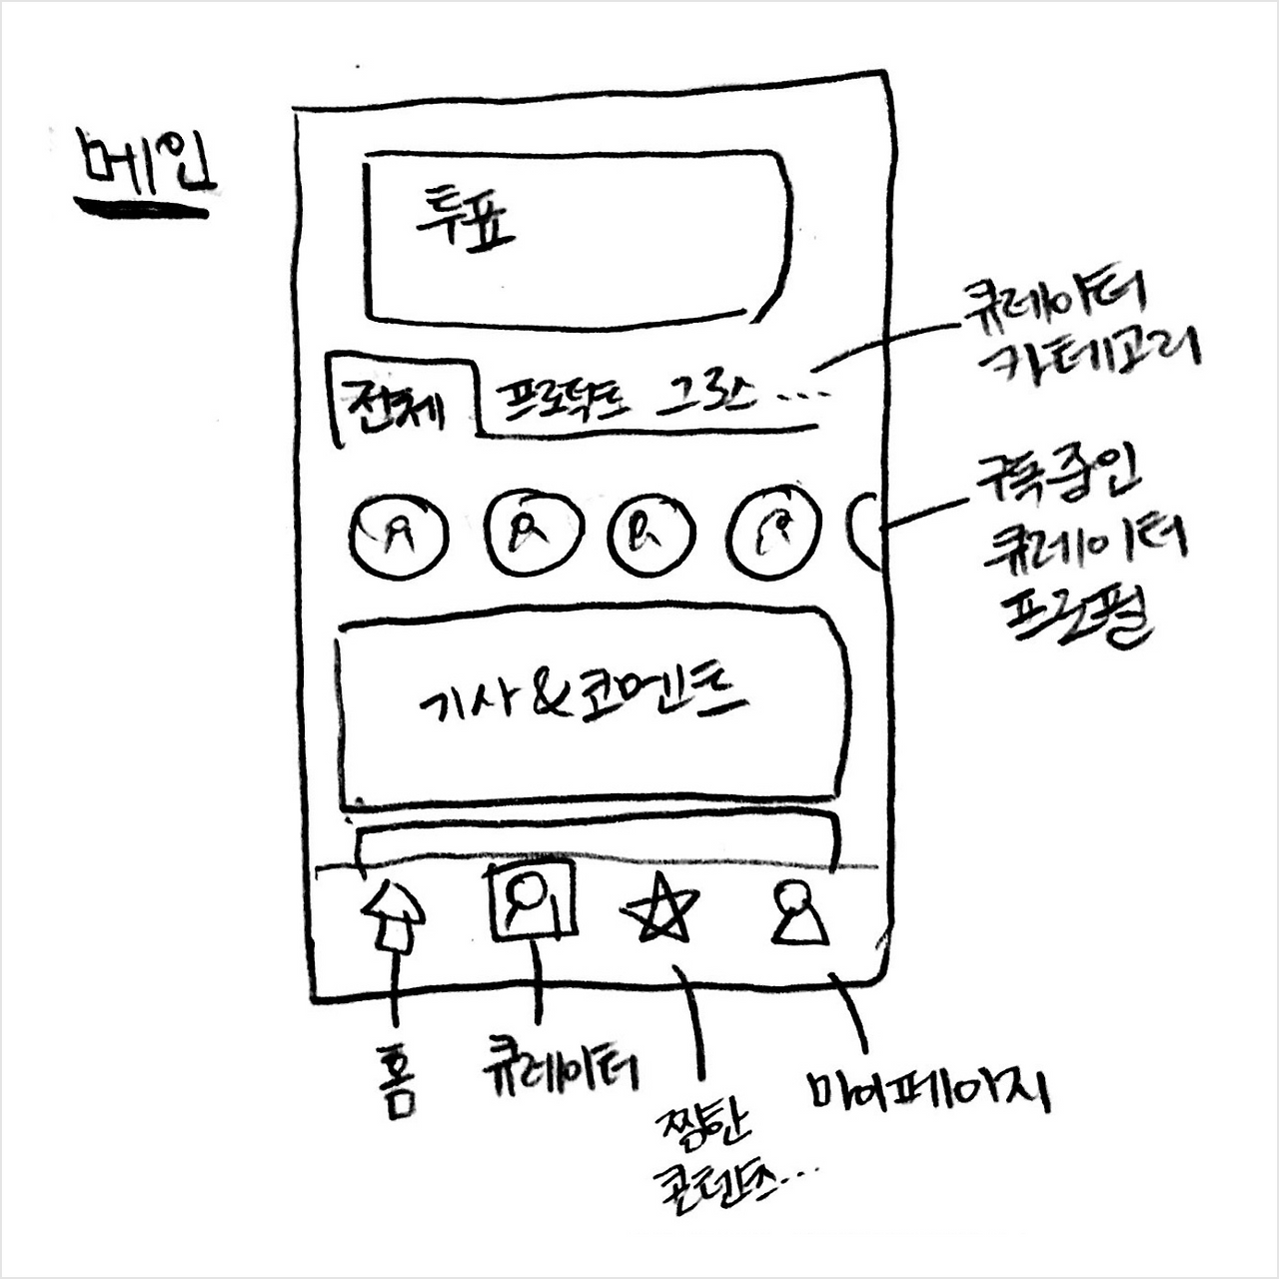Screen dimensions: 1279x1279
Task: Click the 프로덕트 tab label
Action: pos(565,399)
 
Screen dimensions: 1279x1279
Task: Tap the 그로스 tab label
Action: pos(704,397)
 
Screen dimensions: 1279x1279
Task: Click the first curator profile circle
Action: pos(398,535)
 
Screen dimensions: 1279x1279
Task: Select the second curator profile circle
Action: pos(533,532)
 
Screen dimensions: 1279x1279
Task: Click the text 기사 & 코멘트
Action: pos(583,698)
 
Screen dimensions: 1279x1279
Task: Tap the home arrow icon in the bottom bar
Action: pos(393,917)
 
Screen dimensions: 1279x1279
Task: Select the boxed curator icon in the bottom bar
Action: pos(531,899)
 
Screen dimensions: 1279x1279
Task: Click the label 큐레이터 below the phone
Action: pos(561,1066)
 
